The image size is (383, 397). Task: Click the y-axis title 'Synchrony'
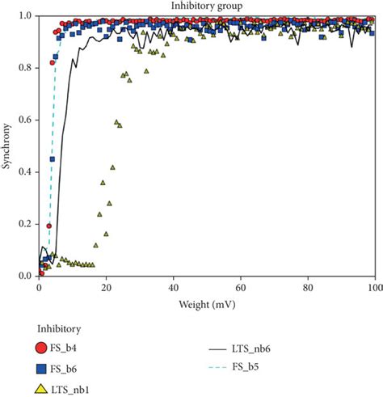(7, 146)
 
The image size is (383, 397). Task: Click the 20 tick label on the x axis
(106, 287)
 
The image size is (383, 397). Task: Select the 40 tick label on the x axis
(173, 287)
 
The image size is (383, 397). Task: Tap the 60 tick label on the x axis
(240, 287)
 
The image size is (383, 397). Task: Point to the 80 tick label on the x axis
(307, 287)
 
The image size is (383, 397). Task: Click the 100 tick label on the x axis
(372, 287)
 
